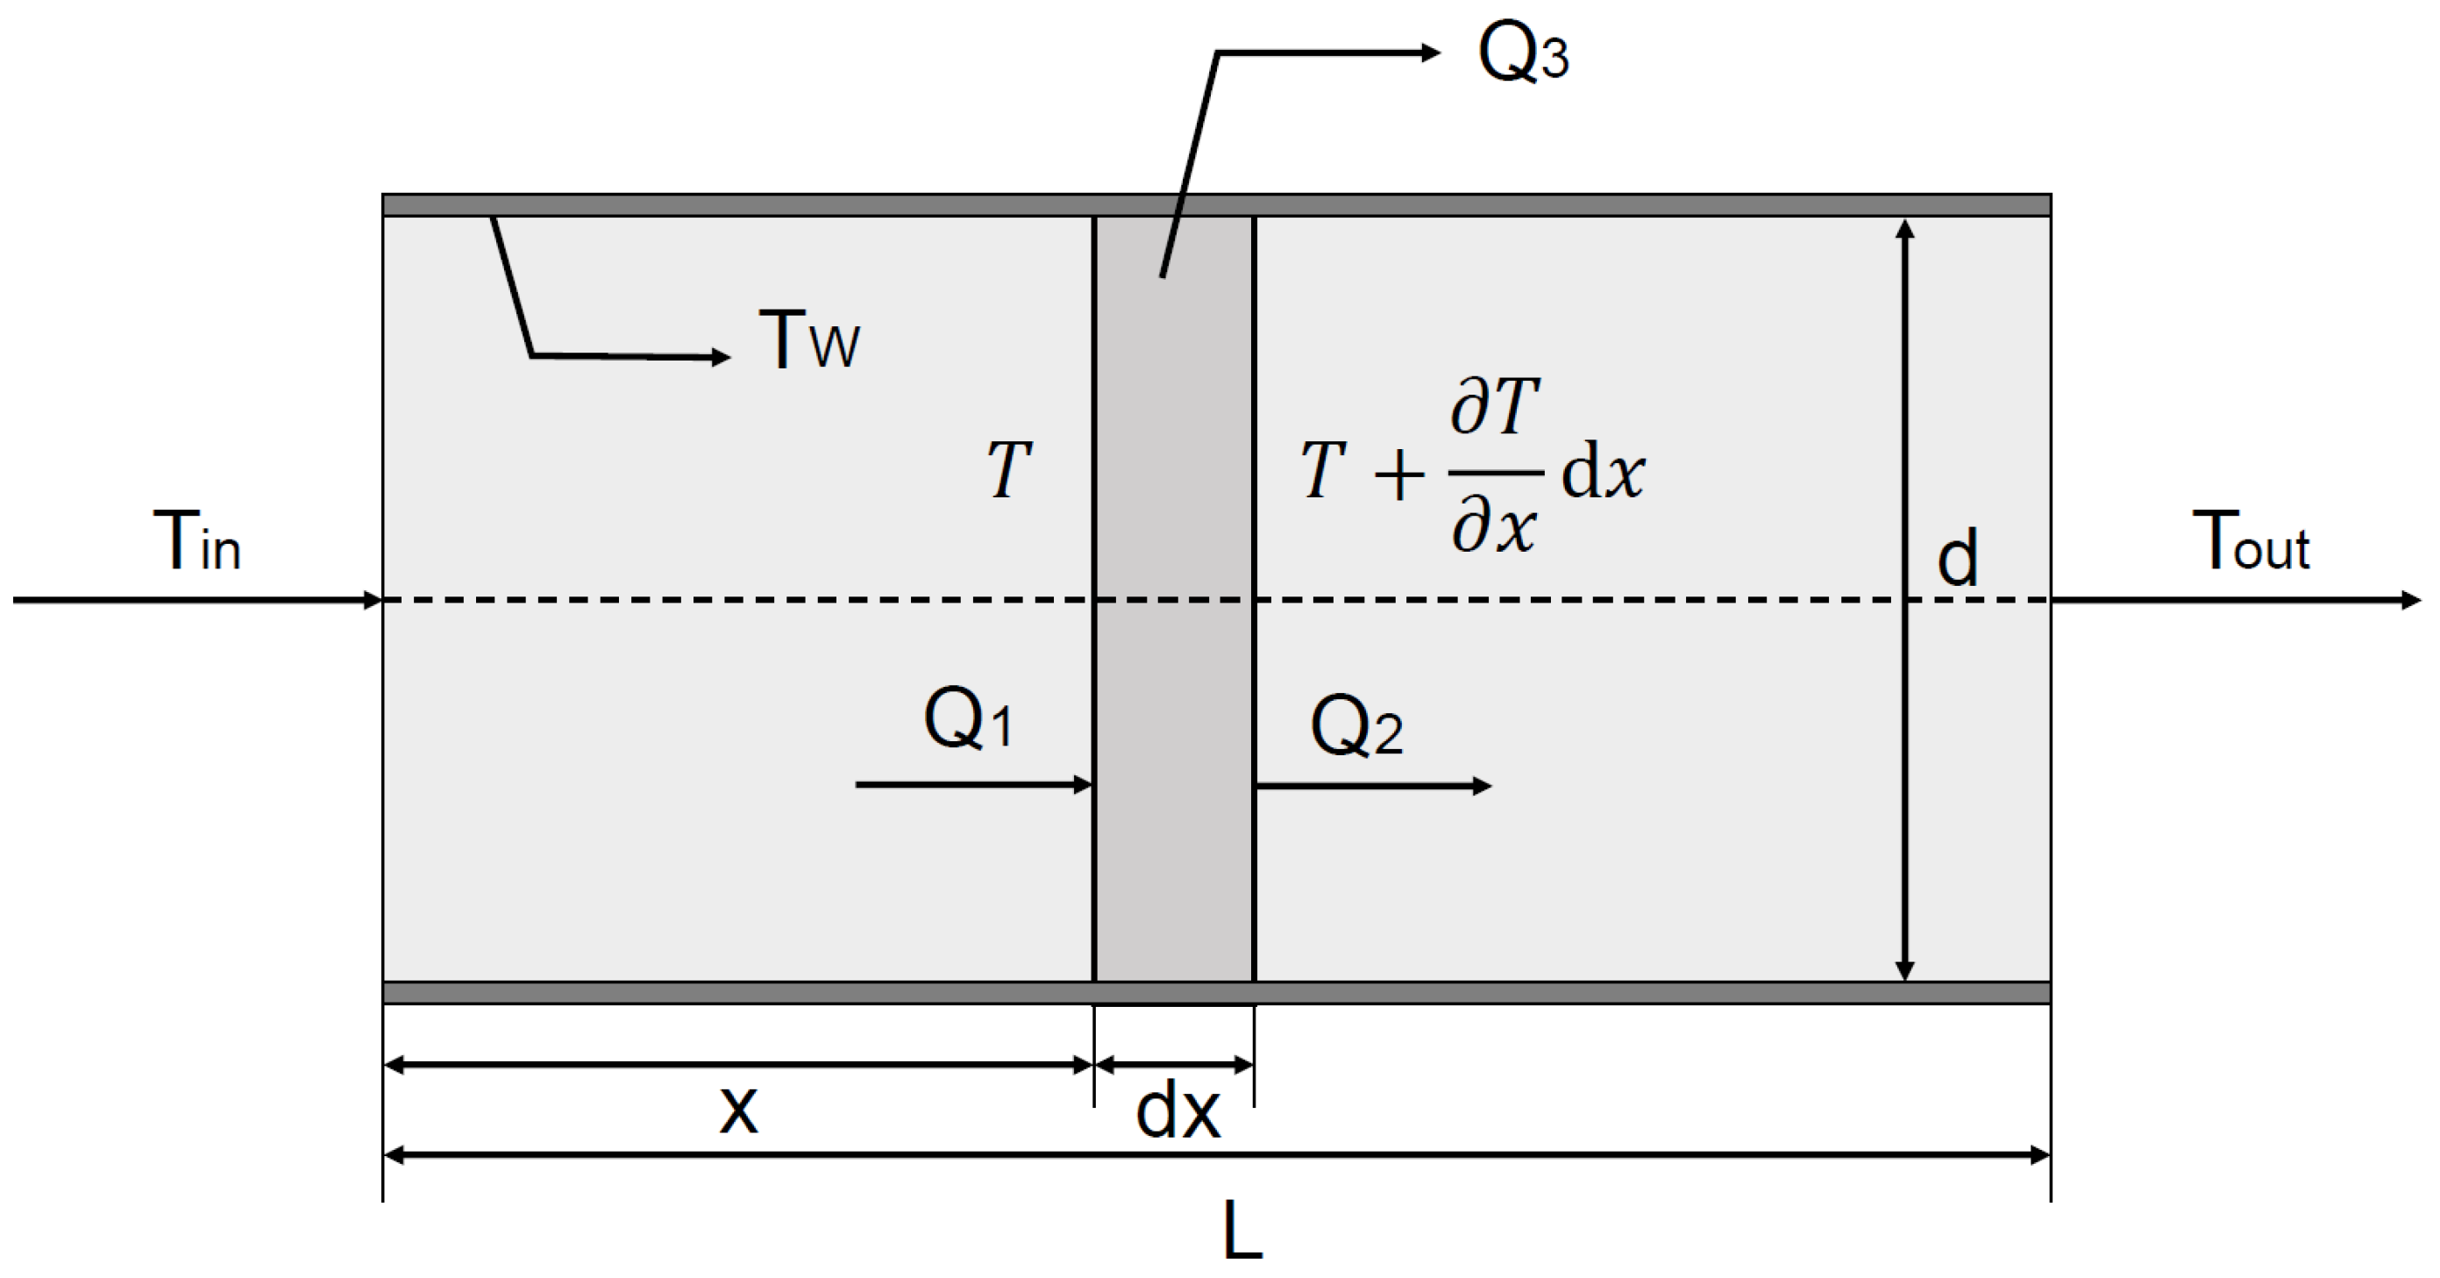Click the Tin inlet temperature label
click(197, 542)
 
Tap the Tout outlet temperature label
click(2251, 542)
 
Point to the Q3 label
click(1523, 54)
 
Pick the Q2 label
click(1356, 725)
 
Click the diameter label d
click(1957, 559)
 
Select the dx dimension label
click(1177, 1112)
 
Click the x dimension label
click(738, 1109)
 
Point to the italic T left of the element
click(1008, 470)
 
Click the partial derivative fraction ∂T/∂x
click(1495, 470)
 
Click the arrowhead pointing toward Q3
click(1430, 53)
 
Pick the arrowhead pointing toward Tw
click(721, 357)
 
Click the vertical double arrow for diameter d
click(1905, 600)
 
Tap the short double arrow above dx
click(1175, 1065)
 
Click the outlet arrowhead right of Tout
click(2412, 600)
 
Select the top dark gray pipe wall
click(1216, 204)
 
